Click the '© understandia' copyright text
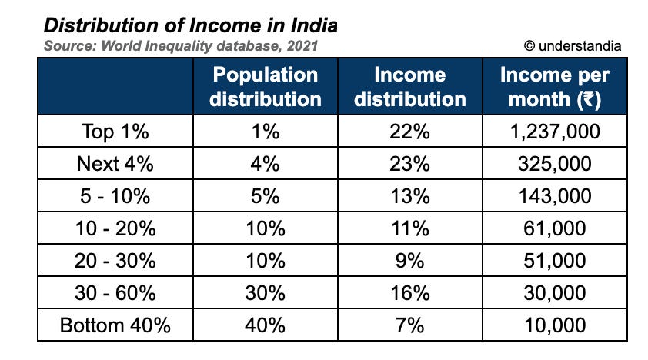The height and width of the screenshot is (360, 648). [573, 46]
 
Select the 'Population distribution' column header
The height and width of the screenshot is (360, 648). [266, 87]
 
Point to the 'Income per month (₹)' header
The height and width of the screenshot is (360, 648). [554, 87]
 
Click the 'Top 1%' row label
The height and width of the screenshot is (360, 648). [115, 132]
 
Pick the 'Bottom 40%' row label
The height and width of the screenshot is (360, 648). [115, 325]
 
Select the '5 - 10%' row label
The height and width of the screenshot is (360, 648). [115, 196]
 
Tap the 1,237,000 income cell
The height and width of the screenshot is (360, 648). [554, 132]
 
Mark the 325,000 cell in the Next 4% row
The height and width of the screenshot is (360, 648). [554, 164]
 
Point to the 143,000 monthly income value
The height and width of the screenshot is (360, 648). [554, 196]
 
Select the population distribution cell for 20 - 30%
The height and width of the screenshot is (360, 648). [266, 260]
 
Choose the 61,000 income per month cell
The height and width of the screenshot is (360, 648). [554, 228]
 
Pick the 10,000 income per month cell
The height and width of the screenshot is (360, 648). [554, 325]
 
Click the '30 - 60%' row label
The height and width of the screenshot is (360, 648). [115, 292]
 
